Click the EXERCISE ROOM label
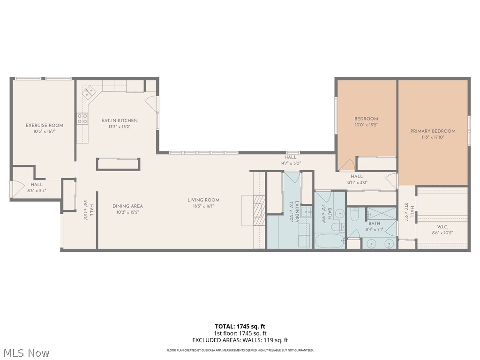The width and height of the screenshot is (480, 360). point(45,125)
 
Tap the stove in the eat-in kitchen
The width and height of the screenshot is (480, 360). point(82,119)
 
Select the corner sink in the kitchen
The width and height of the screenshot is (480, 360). point(88,93)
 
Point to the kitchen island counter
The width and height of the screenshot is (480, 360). point(118,164)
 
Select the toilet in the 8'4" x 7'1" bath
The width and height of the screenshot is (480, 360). point(354,215)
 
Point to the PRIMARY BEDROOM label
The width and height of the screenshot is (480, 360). point(433,131)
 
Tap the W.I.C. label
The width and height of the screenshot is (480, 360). point(442,226)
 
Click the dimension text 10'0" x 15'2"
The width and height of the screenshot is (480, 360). point(366,125)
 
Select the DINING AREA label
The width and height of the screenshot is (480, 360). point(127,206)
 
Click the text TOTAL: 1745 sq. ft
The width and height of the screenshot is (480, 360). point(240,326)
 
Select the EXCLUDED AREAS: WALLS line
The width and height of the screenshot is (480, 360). point(240,340)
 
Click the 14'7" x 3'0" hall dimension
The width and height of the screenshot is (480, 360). point(290,163)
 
